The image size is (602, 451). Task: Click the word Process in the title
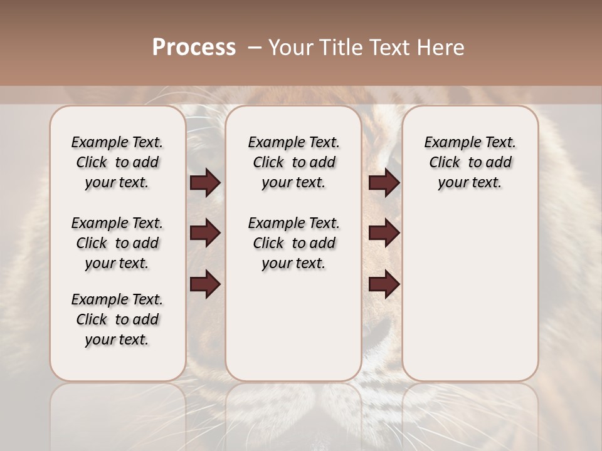(x=194, y=48)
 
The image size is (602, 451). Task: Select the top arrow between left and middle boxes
(x=205, y=183)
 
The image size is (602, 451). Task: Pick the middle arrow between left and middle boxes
(x=205, y=234)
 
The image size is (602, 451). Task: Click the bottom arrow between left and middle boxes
(x=205, y=284)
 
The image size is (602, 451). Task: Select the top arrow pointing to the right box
(x=384, y=183)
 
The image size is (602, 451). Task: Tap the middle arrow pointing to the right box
(x=384, y=234)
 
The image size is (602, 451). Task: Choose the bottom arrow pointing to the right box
(x=384, y=284)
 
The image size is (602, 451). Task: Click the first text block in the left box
(x=117, y=162)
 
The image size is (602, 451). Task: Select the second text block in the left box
(x=117, y=243)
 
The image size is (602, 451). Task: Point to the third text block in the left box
(x=117, y=319)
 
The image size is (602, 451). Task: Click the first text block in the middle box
(x=294, y=162)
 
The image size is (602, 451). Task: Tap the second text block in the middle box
(x=294, y=243)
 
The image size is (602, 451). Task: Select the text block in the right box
(x=470, y=162)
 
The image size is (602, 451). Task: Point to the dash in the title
(x=254, y=48)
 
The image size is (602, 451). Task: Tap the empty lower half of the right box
(x=470, y=301)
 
